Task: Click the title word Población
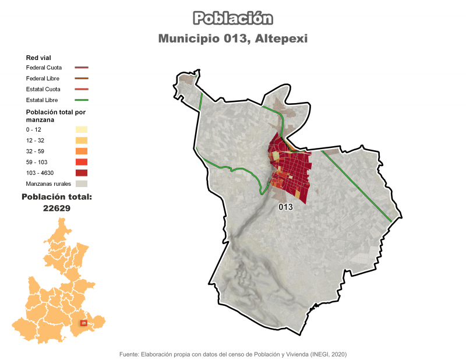[x=233, y=19]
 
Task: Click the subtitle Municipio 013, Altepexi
[x=233, y=38]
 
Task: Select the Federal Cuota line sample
[x=82, y=68]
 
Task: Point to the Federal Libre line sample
[x=82, y=79]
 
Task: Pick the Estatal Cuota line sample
[x=82, y=89]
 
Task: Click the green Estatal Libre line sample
[x=82, y=100]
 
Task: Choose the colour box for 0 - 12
[x=82, y=129]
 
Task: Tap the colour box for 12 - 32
[x=82, y=140]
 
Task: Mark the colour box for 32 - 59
[x=82, y=151]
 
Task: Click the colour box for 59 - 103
[x=82, y=162]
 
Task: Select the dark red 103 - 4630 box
[x=82, y=172]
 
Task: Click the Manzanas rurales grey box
[x=82, y=183]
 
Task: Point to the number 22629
[x=57, y=207]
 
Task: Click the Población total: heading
[x=57, y=197]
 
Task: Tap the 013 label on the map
[x=285, y=207]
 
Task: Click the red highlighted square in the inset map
[x=84, y=323]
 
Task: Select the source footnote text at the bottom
[x=233, y=354]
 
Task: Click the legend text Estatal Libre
[x=43, y=100]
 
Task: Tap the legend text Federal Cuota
[x=44, y=68]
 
